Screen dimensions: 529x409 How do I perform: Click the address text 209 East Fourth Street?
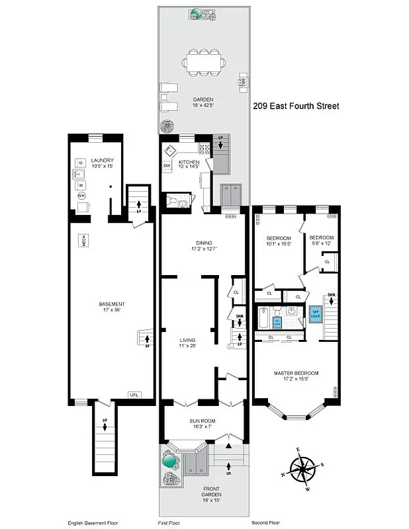(296, 105)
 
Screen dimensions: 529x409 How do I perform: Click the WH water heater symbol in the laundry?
(81, 196)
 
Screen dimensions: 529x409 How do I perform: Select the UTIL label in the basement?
(134, 395)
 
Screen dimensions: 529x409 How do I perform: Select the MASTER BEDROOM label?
(296, 376)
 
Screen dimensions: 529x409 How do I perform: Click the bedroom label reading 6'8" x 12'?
(321, 241)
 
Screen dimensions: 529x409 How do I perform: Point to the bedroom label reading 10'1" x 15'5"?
(279, 241)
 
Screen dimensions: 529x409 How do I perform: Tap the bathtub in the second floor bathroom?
(263, 320)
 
